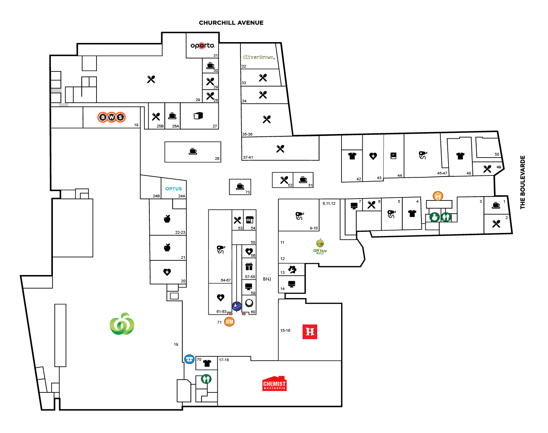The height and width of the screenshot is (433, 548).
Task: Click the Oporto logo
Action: pos(202,46)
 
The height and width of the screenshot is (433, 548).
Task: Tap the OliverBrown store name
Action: pos(259,57)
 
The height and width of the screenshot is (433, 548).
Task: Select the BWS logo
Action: pos(112,117)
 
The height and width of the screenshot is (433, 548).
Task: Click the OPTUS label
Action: pos(173,189)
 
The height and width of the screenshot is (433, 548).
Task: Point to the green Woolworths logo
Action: pos(122,324)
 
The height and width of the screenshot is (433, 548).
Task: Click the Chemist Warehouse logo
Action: pos(274,384)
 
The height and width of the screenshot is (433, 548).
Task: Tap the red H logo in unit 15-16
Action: pos(310,331)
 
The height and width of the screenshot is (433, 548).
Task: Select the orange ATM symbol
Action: pos(230,321)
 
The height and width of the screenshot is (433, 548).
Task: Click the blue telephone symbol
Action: pos(189,359)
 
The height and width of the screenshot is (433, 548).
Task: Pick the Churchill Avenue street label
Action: pos(231,23)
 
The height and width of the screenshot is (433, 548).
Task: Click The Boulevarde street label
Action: pos(523,182)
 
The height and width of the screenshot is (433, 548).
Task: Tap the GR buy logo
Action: pos(320,247)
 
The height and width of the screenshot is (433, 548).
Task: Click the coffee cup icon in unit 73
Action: pos(240,186)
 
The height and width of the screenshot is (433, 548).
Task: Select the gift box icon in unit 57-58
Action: pos(249,267)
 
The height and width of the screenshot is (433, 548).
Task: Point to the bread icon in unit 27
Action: pos(198,116)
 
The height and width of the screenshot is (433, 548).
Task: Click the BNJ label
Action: pos(267,279)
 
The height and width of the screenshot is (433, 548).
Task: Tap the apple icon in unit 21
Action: pos(167,247)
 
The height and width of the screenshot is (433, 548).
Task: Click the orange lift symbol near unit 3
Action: pos(438,196)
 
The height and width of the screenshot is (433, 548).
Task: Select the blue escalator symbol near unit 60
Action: pos(237,306)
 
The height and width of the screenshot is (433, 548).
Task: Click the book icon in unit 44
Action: pos(393,156)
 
